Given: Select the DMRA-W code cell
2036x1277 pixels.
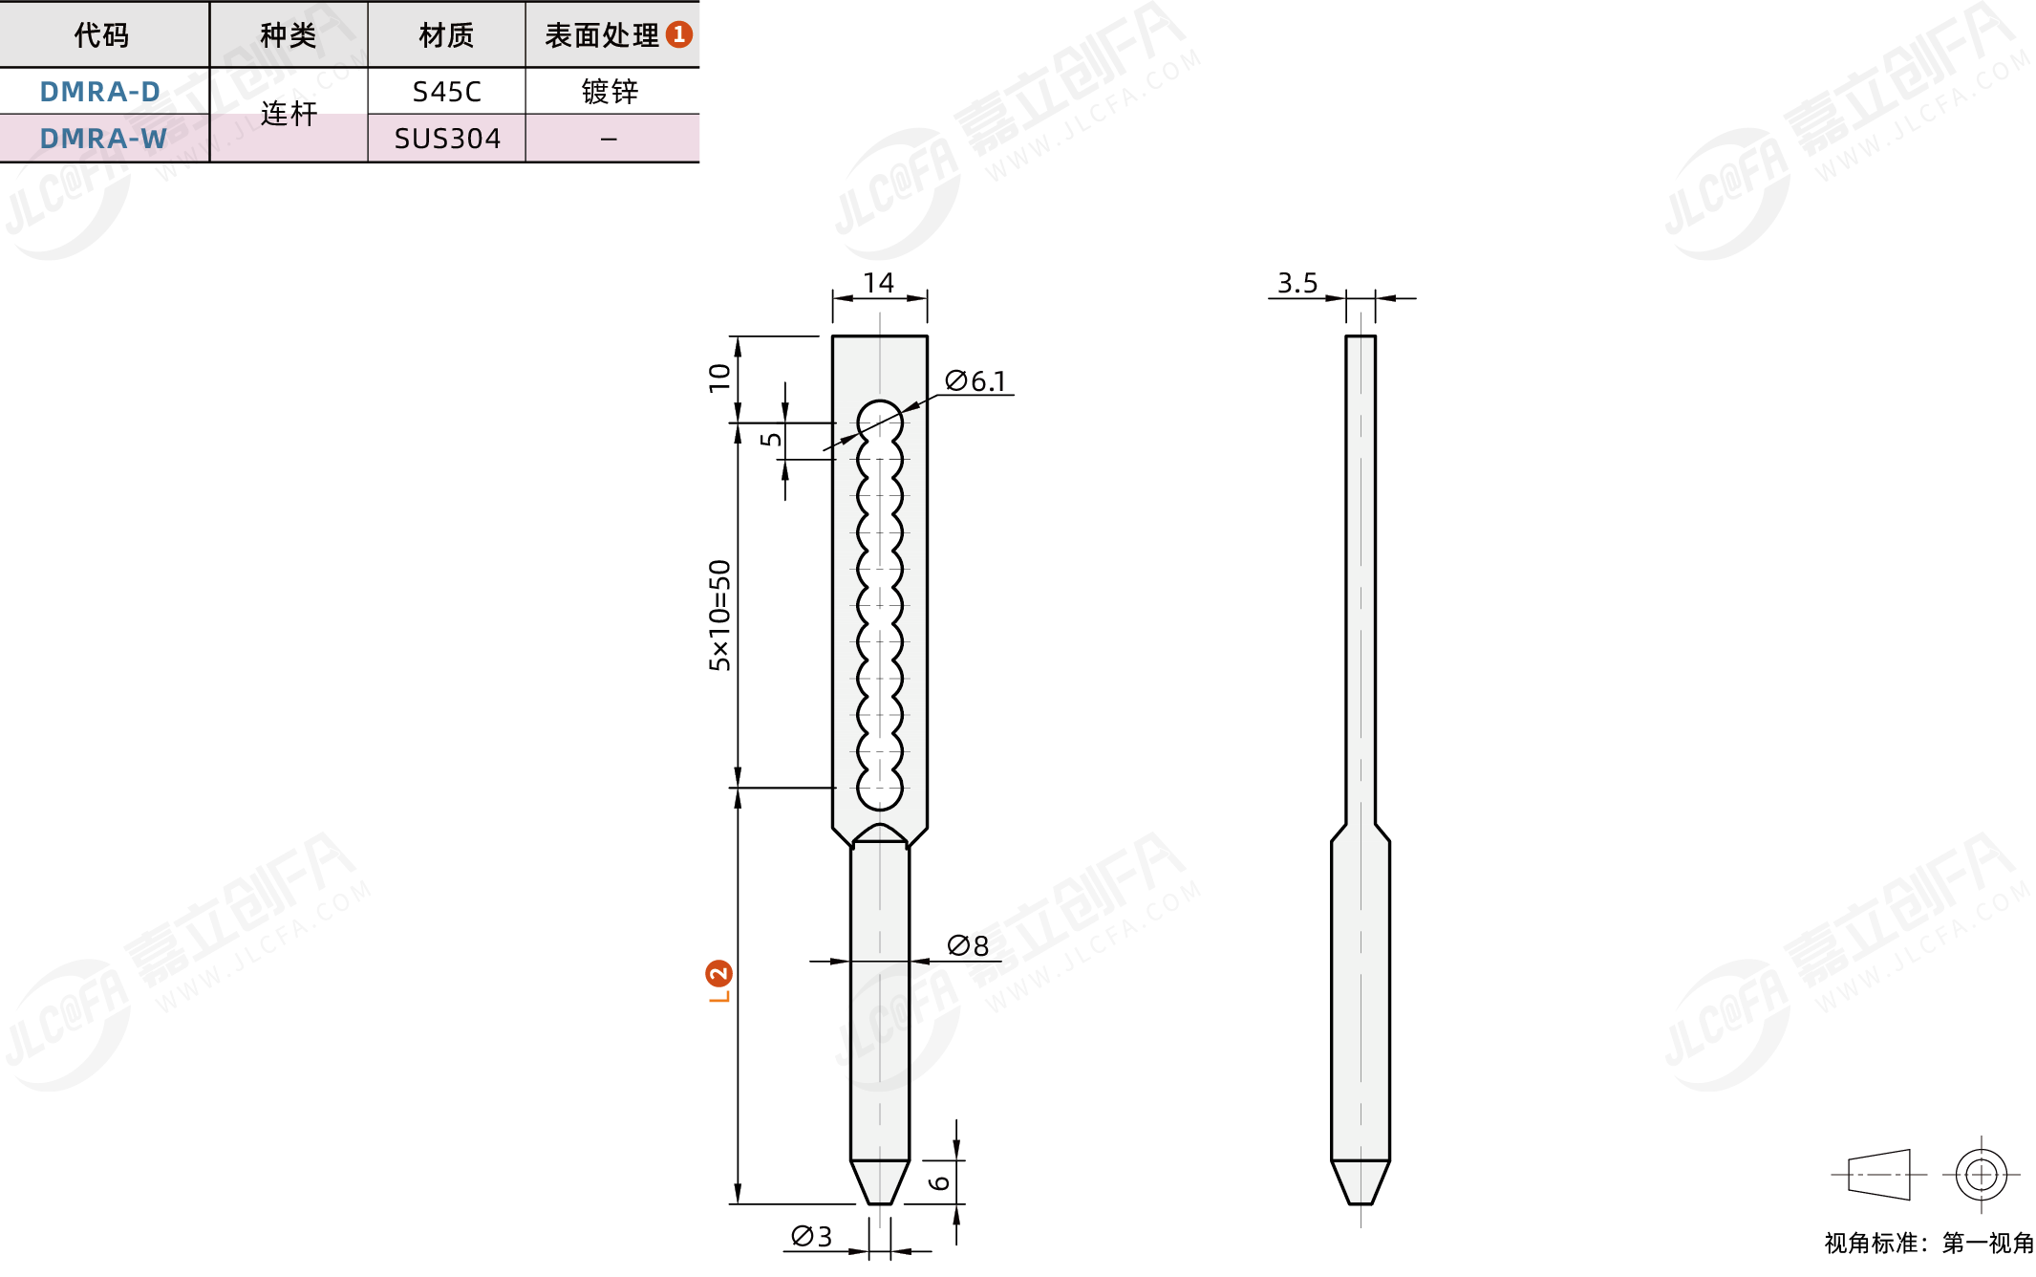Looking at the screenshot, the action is tap(103, 139).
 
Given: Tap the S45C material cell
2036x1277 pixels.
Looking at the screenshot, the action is tap(446, 92).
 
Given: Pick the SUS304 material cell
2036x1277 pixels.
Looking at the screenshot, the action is tap(447, 139).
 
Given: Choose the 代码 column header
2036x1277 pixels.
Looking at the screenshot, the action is tap(101, 35).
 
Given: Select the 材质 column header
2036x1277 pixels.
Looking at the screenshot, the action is tap(446, 35).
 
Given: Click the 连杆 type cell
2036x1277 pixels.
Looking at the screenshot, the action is tap(289, 114).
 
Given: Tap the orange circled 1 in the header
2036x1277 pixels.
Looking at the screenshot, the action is tap(678, 34).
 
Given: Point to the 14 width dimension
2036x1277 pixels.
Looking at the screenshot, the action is tap(878, 283).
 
